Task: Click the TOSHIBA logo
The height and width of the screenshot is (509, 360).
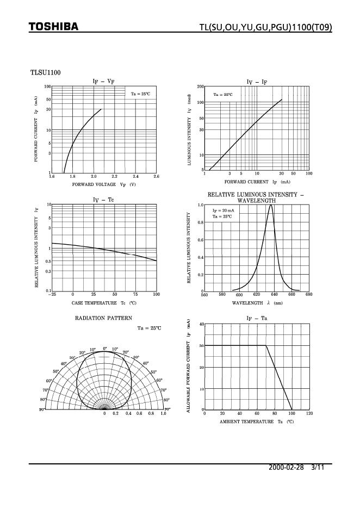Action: point(53,27)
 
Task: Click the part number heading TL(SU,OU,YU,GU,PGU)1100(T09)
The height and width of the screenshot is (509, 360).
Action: point(265,28)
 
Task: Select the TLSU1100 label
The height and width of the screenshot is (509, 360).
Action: point(45,72)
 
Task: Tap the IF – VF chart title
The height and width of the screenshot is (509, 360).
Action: point(103,82)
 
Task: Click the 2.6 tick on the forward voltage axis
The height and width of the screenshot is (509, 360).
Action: point(156,177)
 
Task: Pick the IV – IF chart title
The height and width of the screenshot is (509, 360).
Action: point(257,82)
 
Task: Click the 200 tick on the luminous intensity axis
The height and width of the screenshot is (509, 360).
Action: point(201,87)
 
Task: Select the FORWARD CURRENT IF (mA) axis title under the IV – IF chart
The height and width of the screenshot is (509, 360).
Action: point(257,182)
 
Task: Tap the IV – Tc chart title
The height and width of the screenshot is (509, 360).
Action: point(103,200)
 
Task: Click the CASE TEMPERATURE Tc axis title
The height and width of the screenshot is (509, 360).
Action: point(104,302)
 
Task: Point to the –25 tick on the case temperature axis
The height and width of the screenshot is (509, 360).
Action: point(52,294)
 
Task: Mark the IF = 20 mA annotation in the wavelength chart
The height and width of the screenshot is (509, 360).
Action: point(223,210)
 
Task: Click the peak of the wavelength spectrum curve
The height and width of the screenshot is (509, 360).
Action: point(270,205)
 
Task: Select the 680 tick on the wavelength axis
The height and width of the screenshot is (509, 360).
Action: point(309,295)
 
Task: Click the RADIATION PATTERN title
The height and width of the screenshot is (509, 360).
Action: point(103,317)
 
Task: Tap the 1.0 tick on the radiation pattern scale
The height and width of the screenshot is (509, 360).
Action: point(163,414)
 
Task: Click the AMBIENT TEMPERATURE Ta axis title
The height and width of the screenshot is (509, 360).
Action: point(257,421)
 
